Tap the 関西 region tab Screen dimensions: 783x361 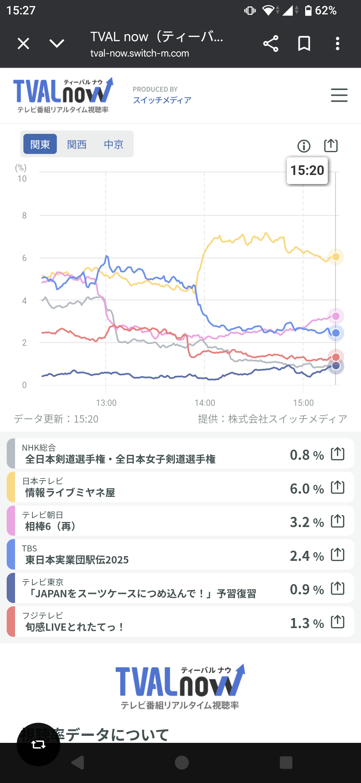(x=77, y=144)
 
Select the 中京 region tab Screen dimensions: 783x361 (x=114, y=144)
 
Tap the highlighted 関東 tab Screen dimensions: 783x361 (x=40, y=144)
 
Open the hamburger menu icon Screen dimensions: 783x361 (x=339, y=95)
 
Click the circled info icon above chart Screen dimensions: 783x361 (x=304, y=146)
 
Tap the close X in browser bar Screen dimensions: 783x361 (x=23, y=43)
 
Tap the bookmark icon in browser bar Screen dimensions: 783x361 (x=304, y=43)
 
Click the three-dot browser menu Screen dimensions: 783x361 (x=338, y=43)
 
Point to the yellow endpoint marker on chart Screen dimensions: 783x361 (x=336, y=257)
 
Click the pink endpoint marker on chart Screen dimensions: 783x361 (x=336, y=316)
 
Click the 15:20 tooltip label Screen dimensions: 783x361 (x=307, y=171)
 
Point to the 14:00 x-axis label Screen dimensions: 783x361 (x=205, y=403)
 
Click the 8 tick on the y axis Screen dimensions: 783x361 (x=24, y=215)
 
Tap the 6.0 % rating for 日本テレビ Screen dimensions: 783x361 (x=307, y=489)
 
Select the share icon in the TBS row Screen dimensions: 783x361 (x=338, y=555)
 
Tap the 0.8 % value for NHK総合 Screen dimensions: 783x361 (x=307, y=455)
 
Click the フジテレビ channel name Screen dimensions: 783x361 (x=42, y=615)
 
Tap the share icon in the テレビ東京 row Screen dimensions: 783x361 (x=338, y=588)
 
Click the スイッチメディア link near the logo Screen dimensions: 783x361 (x=162, y=100)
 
